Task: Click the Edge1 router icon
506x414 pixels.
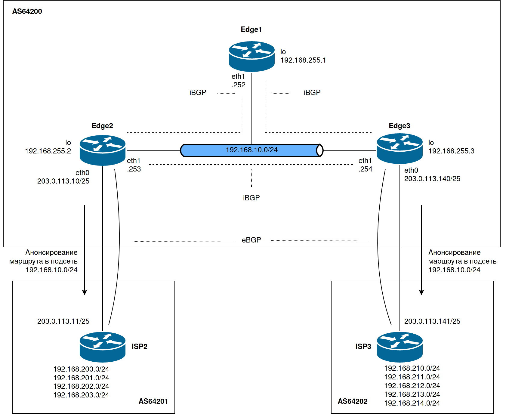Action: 251,57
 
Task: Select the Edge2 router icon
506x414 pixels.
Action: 103,150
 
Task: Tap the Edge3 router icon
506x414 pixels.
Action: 400,149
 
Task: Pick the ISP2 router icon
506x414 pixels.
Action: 103,347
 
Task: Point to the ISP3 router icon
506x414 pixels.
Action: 400,347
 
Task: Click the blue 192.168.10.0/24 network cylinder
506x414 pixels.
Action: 251,150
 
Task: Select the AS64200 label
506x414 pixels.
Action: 27,11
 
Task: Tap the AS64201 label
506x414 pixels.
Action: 153,401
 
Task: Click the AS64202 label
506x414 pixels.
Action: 353,401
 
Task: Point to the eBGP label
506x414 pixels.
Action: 251,240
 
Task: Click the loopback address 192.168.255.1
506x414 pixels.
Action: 303,60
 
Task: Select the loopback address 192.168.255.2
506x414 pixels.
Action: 48,151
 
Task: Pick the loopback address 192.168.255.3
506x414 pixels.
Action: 451,151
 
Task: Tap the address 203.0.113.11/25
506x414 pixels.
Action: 63,321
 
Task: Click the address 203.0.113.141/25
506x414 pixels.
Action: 432,321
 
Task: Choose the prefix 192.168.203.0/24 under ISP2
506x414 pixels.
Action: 81,395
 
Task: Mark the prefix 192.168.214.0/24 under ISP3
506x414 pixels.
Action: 412,403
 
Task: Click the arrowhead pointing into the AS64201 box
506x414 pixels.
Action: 85,292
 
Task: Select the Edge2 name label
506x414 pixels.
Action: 102,126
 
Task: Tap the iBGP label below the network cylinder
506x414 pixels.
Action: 251,198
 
